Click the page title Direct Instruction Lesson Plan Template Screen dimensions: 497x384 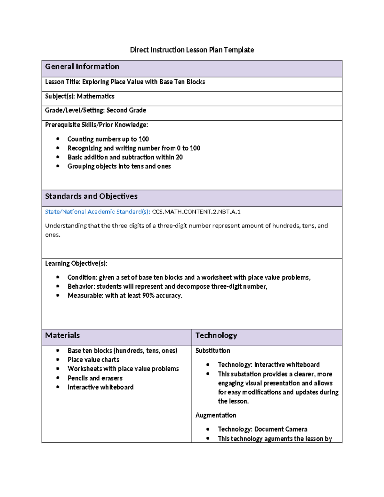192,50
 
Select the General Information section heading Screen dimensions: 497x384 82,67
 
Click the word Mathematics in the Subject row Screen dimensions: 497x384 95,96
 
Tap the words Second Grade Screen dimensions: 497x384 126,110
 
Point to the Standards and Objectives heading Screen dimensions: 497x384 91,196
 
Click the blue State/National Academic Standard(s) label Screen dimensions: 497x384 97,212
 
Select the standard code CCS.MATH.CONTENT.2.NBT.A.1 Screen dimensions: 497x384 196,212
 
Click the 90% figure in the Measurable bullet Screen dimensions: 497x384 148,296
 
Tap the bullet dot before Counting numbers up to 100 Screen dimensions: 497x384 58,139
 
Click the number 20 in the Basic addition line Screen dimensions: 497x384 179,157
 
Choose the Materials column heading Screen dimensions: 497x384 62,335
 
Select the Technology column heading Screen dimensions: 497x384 216,335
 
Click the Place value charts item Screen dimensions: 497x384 93,360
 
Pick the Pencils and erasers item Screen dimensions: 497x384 95,378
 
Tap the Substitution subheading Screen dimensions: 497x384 213,351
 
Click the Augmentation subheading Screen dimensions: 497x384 216,415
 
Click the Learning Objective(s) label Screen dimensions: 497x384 76,263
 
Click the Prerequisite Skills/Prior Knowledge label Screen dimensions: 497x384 96,125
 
